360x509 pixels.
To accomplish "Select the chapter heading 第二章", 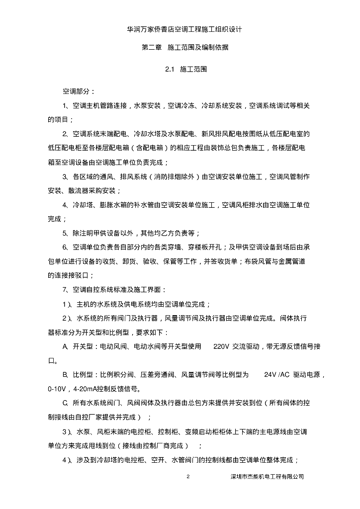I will point(152,48).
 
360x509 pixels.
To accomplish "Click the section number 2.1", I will point(169,70).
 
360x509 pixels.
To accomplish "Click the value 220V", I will point(221,346).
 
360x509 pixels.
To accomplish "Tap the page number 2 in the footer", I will point(188,477).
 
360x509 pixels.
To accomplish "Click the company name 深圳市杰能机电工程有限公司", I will point(268,477).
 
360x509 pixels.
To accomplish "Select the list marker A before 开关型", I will point(65,346).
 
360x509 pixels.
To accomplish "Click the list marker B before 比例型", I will point(65,374).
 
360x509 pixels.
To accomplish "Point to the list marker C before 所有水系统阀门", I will point(65,403).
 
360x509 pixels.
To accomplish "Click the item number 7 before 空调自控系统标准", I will point(64,289).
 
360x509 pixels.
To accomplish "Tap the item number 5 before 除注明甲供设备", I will point(64,233).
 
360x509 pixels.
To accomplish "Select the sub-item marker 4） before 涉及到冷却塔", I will point(67,459).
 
